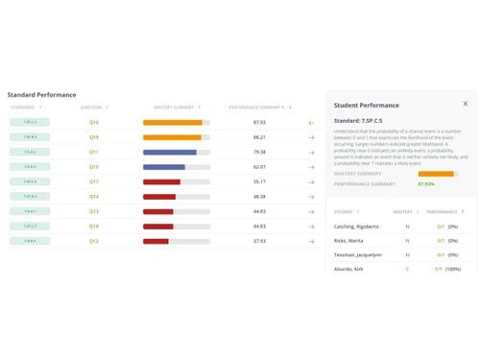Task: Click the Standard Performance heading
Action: click(41, 95)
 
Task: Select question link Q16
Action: click(94, 123)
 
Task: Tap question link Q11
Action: click(94, 152)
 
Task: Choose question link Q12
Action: click(94, 241)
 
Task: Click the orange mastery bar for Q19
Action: click(172, 137)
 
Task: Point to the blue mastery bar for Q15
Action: click(164, 167)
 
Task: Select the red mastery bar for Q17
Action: click(161, 181)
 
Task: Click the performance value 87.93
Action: click(259, 123)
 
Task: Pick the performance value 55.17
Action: click(259, 181)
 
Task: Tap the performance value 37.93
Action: click(259, 241)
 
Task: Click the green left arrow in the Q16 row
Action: click(311, 123)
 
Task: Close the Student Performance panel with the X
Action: click(466, 104)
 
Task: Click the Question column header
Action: click(91, 108)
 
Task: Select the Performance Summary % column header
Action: click(256, 108)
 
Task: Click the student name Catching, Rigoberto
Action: click(356, 227)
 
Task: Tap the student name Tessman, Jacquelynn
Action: click(358, 254)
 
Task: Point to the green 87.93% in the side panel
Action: click(426, 183)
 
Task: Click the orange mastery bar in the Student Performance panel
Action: click(435, 174)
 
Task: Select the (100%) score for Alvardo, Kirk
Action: click(453, 269)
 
